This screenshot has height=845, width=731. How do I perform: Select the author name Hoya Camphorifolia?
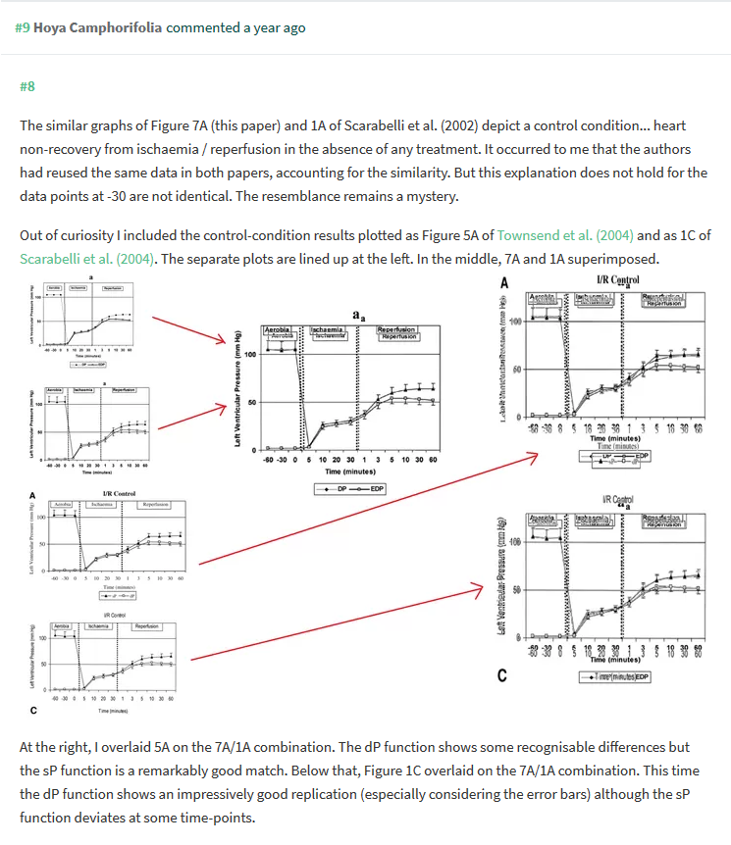(x=98, y=27)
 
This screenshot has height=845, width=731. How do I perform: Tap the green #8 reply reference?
(x=27, y=87)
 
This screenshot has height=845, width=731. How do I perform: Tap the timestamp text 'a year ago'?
(x=271, y=27)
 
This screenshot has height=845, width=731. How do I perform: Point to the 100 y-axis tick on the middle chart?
(x=249, y=354)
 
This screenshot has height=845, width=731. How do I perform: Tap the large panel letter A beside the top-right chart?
(x=503, y=283)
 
